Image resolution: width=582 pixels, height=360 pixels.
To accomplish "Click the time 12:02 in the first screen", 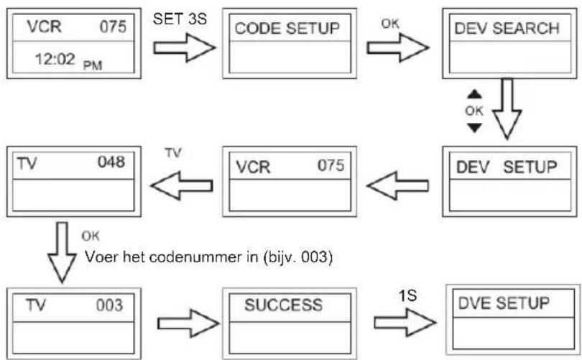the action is tap(55, 59).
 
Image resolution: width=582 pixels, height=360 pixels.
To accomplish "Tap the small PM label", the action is tap(93, 65).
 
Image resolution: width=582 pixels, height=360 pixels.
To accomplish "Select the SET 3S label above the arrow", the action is tap(180, 19).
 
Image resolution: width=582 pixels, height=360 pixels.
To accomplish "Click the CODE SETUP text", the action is tap(287, 29).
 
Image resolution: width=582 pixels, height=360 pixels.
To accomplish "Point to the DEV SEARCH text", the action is tap(507, 28).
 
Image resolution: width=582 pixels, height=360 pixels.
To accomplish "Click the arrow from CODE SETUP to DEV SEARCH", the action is tap(398, 47).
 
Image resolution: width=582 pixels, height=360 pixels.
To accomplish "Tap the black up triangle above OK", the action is tap(474, 94).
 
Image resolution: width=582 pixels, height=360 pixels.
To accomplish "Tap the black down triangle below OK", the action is tap(474, 128).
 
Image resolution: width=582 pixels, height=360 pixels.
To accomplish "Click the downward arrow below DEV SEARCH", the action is tap(507, 109).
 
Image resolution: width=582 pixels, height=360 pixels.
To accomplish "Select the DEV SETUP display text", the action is tap(507, 167).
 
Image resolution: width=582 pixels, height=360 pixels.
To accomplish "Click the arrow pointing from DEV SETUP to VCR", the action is tap(397, 185).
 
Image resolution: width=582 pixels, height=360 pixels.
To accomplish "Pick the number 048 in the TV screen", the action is tap(111, 162).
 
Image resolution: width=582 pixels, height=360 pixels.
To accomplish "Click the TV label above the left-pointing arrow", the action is tap(173, 152).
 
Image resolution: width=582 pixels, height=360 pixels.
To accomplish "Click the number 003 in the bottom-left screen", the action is tap(109, 305).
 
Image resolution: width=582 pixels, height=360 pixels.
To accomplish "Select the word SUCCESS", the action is tap(284, 305).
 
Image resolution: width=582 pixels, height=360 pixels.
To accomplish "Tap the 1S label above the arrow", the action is tap(407, 296).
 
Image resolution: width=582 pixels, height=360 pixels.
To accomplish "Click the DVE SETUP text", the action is tap(504, 303).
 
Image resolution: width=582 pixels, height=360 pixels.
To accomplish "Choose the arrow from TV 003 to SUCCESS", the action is tap(188, 323).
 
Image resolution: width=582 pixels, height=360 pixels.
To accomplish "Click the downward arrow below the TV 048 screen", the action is tap(62, 252).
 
